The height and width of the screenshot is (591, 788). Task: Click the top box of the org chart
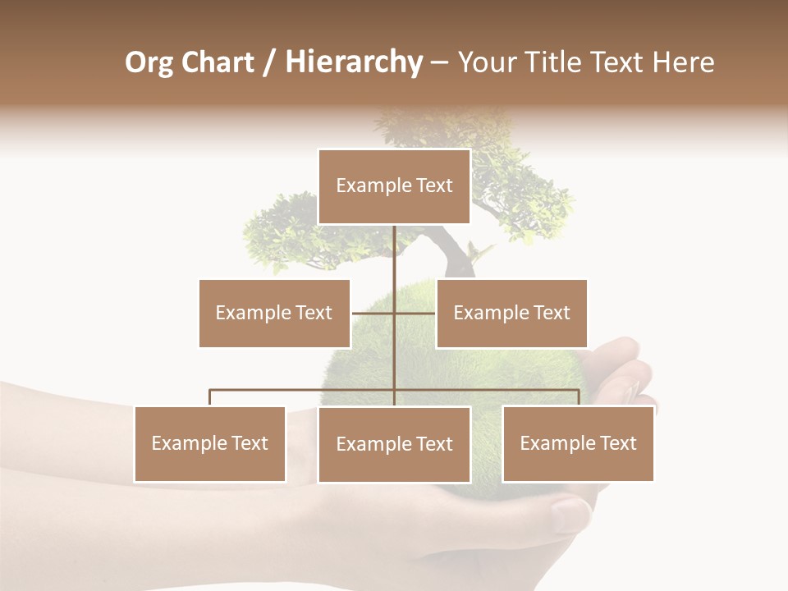(x=394, y=186)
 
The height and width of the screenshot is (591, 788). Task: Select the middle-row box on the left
(x=274, y=313)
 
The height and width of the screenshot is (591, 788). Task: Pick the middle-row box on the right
(x=511, y=313)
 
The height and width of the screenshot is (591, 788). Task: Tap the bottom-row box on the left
(x=210, y=443)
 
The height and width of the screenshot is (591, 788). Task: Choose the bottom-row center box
(x=394, y=444)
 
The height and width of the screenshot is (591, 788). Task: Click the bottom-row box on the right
(x=578, y=443)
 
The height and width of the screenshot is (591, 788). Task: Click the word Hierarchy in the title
(x=354, y=62)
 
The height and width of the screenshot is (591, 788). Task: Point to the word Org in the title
(x=149, y=62)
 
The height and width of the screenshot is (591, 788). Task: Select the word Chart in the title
(x=217, y=62)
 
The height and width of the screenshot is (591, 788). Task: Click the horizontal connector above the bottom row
(x=304, y=390)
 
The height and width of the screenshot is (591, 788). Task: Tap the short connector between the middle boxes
(x=373, y=314)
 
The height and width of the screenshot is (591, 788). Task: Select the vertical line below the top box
(x=395, y=254)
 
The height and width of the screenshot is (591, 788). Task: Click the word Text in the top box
(x=434, y=186)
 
